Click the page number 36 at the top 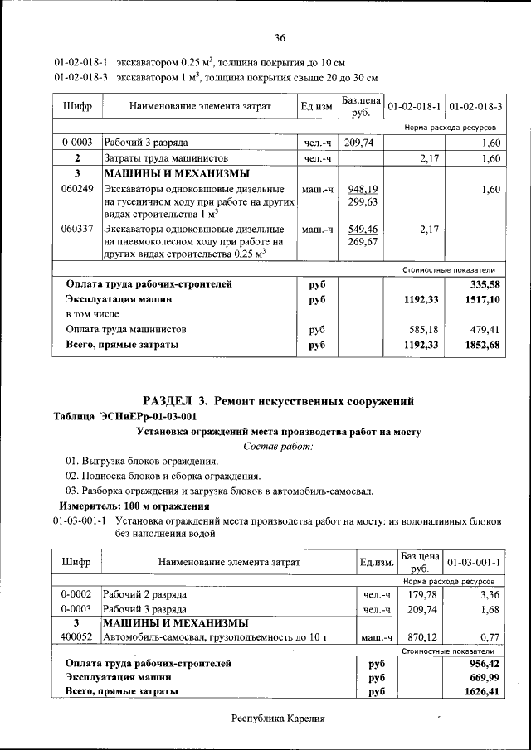click(x=280, y=37)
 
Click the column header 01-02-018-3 click(x=475, y=108)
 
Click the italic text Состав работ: click(x=278, y=447)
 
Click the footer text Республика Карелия click(x=278, y=719)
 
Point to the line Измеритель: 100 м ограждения click(x=134, y=506)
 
